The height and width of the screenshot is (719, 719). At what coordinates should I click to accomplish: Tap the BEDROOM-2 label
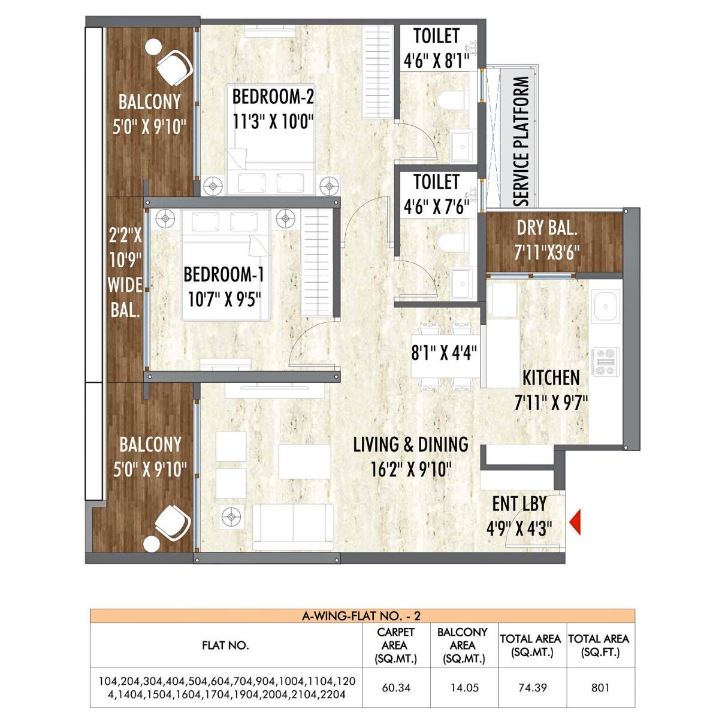click(x=273, y=96)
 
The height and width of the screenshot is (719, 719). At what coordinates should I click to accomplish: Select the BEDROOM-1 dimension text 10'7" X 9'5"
click(x=223, y=298)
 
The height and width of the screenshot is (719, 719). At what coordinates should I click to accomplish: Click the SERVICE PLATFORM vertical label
click(x=521, y=140)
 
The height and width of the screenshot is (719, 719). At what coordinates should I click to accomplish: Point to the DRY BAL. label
click(x=546, y=228)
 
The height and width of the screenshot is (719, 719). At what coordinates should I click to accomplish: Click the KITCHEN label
click(x=551, y=377)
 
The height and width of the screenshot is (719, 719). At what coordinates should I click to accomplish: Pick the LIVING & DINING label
click(x=410, y=445)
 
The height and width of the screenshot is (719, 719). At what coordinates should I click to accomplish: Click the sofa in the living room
click(x=293, y=526)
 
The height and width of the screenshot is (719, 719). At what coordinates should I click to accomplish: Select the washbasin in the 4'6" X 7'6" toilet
click(x=461, y=282)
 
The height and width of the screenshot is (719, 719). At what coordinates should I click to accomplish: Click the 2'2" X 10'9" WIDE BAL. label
click(x=125, y=273)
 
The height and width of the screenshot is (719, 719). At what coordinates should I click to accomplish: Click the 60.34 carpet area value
click(x=396, y=687)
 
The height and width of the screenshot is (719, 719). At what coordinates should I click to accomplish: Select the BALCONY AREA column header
click(x=462, y=646)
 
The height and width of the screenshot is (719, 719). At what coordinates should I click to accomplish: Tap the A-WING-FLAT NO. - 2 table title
click(x=362, y=616)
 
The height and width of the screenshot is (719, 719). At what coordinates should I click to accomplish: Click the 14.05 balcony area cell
click(x=464, y=687)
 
